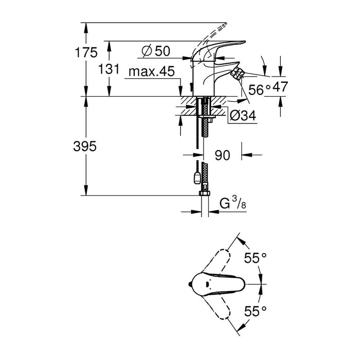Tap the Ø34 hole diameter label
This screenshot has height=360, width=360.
click(x=241, y=117)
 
